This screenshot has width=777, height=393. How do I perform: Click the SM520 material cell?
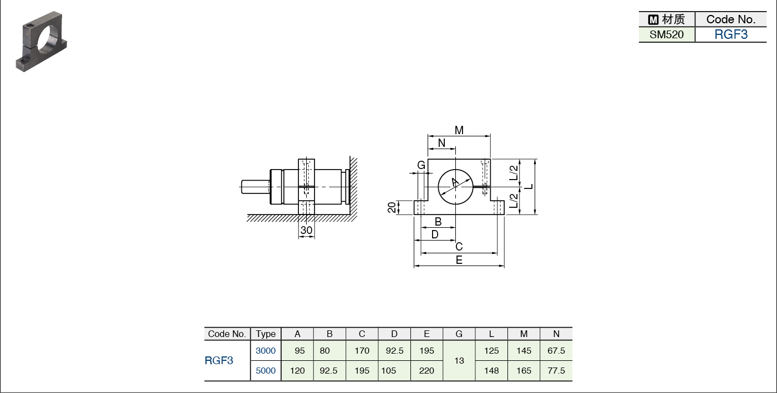pos(666,35)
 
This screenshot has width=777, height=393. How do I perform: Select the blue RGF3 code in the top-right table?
pos(731,35)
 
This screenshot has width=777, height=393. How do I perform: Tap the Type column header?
pos(266,334)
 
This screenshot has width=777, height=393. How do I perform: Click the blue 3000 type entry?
pos(266,351)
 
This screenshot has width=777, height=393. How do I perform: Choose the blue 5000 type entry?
pos(266,370)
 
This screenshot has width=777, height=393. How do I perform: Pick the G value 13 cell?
pos(459,361)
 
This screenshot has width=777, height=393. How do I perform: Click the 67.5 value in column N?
pos(556,351)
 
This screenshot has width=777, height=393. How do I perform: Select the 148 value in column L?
pos(491,370)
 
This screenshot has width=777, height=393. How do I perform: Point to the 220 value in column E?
pos(426,370)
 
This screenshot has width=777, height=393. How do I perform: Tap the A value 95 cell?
pos(299,351)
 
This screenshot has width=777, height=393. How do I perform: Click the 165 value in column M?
pos(524,370)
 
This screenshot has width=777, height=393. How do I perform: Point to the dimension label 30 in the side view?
pos(306,230)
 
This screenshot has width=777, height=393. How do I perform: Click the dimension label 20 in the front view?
pos(392,207)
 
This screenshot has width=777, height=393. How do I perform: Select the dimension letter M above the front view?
pos(459,130)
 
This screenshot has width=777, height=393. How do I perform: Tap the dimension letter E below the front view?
pos(459,260)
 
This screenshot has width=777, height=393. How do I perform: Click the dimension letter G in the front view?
pos(421,165)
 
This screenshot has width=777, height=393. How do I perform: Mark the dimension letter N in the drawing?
pos(441,143)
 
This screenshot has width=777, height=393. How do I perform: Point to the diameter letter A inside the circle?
pos(455,182)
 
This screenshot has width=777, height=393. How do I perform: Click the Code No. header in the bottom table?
pos(226,334)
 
